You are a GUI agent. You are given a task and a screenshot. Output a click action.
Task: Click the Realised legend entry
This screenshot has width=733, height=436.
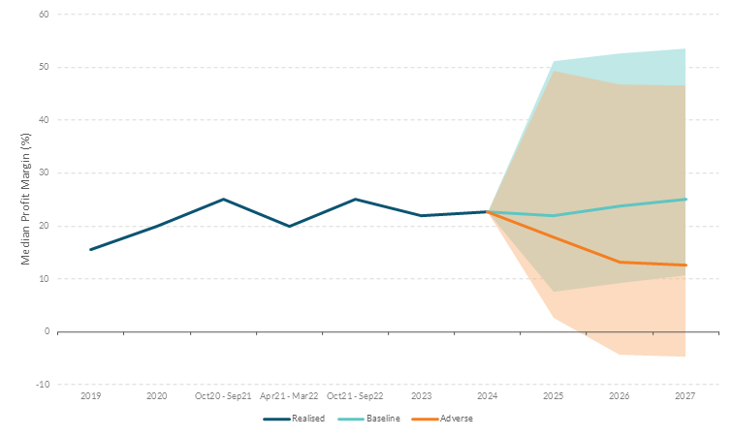(x=294, y=419)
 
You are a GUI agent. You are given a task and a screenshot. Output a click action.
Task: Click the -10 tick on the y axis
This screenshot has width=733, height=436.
(x=43, y=385)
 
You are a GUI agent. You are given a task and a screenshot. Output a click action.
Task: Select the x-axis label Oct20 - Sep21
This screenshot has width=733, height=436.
(x=223, y=396)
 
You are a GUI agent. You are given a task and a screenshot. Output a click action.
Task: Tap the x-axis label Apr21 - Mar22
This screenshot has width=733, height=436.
(x=289, y=396)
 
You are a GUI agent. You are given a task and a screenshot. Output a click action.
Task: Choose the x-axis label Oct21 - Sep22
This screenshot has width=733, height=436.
(x=355, y=396)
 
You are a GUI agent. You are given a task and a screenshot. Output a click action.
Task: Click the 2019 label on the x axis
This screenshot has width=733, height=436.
(x=90, y=396)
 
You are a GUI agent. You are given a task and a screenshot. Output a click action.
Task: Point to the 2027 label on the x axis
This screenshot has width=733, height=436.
(x=685, y=396)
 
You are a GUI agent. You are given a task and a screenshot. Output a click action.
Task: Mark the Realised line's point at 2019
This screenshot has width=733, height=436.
(x=90, y=249)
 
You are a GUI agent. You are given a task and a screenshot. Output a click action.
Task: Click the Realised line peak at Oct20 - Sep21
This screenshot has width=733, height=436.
(x=223, y=200)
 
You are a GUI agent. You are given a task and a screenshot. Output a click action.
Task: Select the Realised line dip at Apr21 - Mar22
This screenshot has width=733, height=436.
(x=289, y=226)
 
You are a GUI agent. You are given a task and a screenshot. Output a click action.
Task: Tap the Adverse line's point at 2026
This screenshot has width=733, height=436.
(x=620, y=262)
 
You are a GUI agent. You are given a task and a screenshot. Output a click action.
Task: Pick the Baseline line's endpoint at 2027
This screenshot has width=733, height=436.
(x=685, y=200)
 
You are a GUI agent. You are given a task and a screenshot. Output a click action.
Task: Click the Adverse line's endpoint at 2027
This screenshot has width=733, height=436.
(x=685, y=265)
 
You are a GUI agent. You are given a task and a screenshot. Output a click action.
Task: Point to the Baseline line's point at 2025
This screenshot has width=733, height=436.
(x=554, y=215)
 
